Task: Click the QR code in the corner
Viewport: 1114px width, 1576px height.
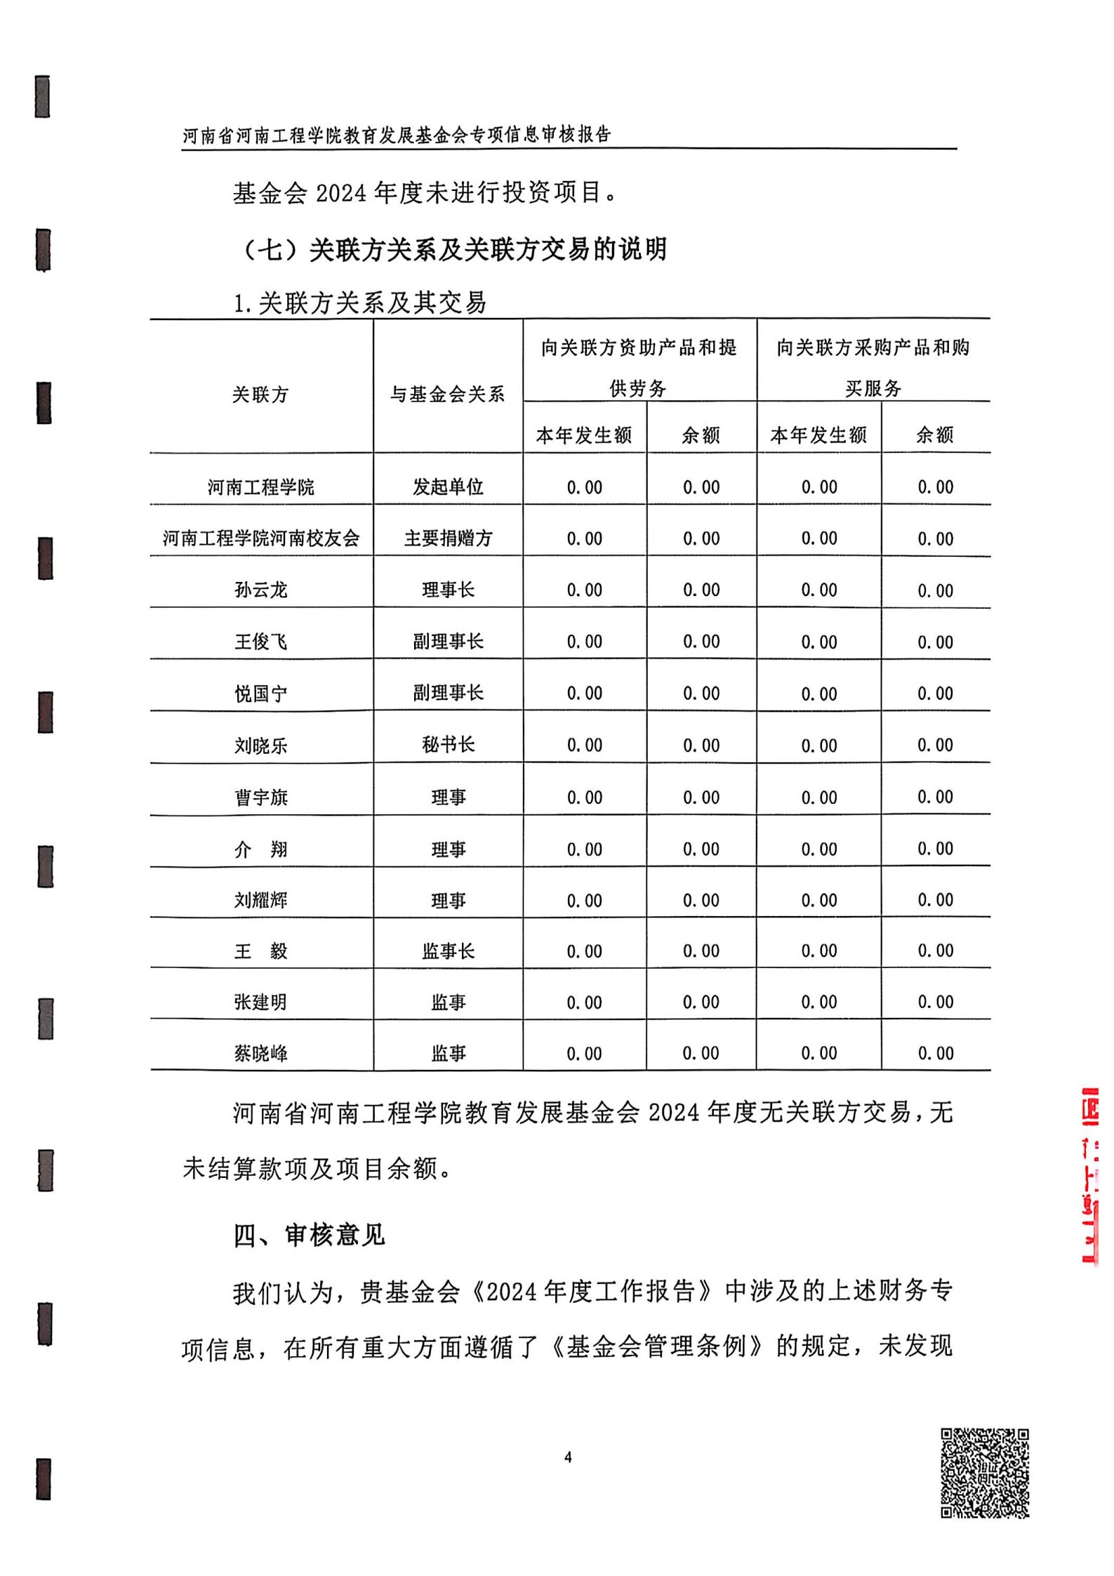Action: [x=984, y=1473]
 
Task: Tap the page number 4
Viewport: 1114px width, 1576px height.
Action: [x=568, y=1457]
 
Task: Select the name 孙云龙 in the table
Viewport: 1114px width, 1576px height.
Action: [x=260, y=590]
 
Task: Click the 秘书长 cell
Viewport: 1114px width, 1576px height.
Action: [x=448, y=744]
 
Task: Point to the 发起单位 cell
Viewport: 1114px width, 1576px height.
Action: [x=448, y=486]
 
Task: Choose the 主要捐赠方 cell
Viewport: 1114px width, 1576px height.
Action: [x=448, y=538]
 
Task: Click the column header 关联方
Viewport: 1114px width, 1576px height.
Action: [x=260, y=395]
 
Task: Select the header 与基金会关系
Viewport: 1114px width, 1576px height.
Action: [x=448, y=395]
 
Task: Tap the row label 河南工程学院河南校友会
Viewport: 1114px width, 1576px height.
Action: [x=260, y=538]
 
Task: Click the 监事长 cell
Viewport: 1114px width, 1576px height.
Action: [x=448, y=951]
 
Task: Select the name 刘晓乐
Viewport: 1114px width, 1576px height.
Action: [x=260, y=745]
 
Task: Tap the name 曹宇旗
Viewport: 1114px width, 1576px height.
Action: [x=260, y=797]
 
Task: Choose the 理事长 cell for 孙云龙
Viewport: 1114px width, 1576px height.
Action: [x=448, y=590]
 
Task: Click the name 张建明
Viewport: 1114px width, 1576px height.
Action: [x=260, y=1002]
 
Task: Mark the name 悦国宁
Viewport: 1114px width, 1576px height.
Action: [x=260, y=694]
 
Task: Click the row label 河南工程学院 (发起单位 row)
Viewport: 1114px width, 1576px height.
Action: [x=260, y=486]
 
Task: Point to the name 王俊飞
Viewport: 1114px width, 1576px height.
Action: [x=260, y=642]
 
